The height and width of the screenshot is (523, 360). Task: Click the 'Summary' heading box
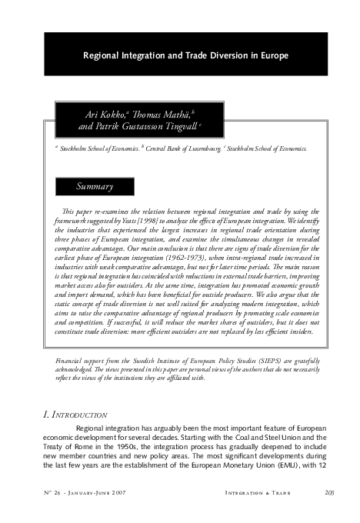pyautogui.click(x=95, y=186)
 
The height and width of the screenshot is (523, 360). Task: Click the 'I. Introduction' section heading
pyautogui.click(x=73, y=414)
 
